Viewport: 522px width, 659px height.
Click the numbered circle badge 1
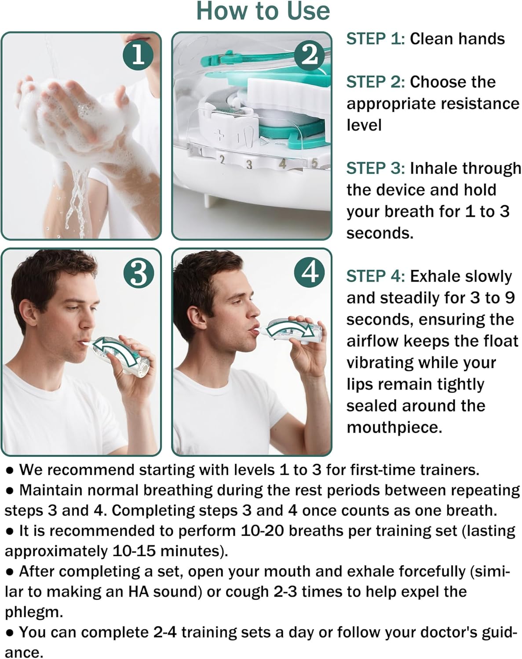(x=138, y=55)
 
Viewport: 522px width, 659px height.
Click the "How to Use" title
(x=263, y=11)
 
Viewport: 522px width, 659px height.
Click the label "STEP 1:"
(x=375, y=39)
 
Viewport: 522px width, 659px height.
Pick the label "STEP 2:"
(x=375, y=82)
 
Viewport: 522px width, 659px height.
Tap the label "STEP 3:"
(x=375, y=168)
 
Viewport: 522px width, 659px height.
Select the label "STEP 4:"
(x=375, y=276)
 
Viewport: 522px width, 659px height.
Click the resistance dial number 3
(x=249, y=165)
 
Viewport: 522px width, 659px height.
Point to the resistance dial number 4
(x=283, y=163)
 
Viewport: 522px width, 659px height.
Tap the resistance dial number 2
(x=222, y=159)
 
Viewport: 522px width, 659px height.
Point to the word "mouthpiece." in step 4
(x=394, y=427)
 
